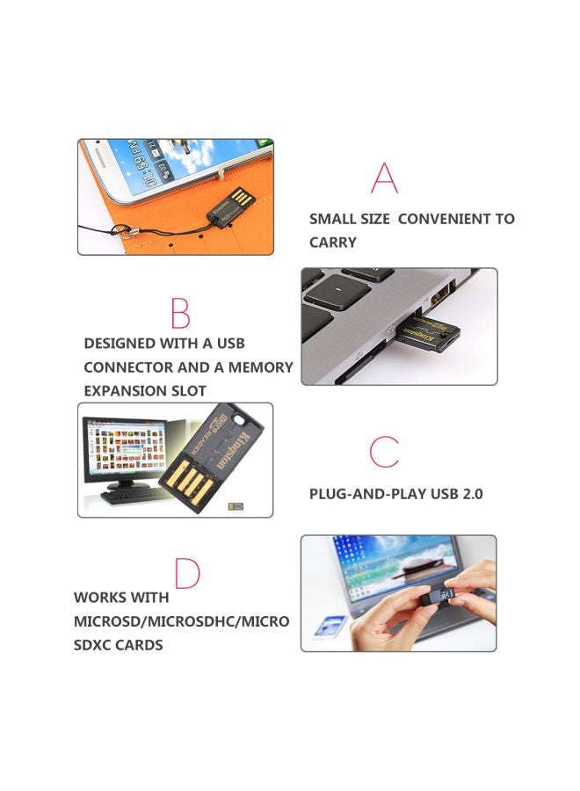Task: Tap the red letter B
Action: pos(180,313)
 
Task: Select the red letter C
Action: pos(384,451)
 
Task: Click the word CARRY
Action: pos(333,243)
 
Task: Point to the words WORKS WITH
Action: pos(121,598)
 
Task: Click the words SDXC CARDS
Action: pos(118,645)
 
